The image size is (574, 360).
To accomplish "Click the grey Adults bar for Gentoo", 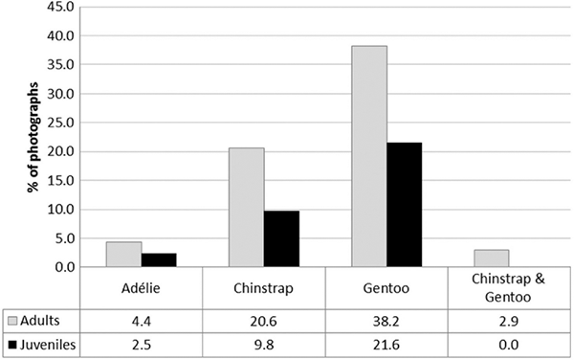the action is [x=369, y=156].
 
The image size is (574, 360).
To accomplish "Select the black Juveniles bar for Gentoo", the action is [x=404, y=205].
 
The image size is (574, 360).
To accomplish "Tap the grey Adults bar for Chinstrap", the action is [x=247, y=207].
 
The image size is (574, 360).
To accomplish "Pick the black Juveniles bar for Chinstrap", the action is [x=281, y=238].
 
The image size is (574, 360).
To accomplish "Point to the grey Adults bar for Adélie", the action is [x=123, y=254].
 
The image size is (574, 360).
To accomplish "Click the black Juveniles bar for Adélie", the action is [x=159, y=260].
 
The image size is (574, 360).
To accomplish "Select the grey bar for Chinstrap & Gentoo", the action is [x=492, y=259].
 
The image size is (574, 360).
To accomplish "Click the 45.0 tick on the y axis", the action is [x=61, y=7].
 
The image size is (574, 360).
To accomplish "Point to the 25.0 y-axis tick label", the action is [x=61, y=123].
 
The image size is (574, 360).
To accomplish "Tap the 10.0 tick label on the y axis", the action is [x=61, y=210].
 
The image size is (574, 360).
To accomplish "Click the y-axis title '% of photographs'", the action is [x=33, y=137].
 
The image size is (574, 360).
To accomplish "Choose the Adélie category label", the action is [x=141, y=288].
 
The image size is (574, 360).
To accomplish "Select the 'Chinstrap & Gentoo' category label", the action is [x=508, y=287].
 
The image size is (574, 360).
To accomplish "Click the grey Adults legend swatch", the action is [x=12, y=321].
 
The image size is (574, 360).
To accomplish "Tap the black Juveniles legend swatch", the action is [x=12, y=345].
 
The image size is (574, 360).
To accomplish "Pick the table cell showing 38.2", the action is [x=386, y=321].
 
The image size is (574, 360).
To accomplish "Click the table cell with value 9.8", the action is [x=264, y=345].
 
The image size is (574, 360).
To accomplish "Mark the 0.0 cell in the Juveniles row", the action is [x=509, y=345].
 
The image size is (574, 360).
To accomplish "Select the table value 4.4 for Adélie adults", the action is [x=142, y=321].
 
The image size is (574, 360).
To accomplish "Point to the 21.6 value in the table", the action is [x=386, y=345].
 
